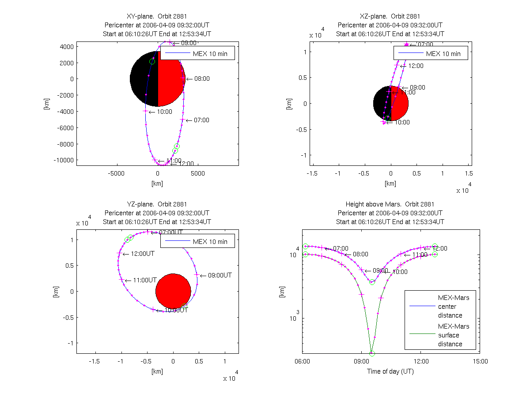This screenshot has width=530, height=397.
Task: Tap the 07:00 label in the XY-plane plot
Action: tap(202, 120)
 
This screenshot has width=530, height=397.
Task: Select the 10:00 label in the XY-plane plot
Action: tap(165, 112)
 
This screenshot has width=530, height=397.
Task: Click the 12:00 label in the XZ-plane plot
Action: tap(416, 66)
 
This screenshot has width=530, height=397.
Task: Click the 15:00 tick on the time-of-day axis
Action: tap(480, 361)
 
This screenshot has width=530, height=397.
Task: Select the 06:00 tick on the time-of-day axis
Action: tap(302, 361)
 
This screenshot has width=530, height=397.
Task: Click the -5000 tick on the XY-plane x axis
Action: tap(117, 174)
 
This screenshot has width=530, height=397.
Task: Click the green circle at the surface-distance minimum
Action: tap(372, 353)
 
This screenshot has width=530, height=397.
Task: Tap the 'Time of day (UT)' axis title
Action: tap(390, 371)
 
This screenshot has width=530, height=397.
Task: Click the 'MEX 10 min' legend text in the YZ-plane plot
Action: tap(210, 242)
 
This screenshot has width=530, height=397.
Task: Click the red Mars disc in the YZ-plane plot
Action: tap(173, 291)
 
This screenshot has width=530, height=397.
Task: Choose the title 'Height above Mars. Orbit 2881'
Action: tap(390, 204)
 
